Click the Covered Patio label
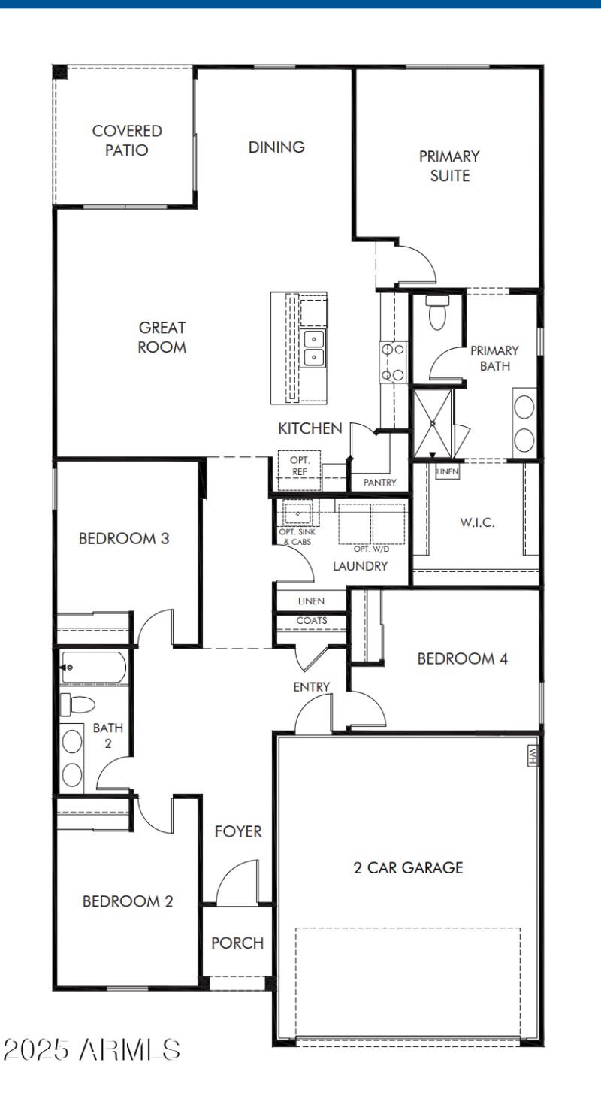(x=127, y=141)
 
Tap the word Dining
(x=276, y=147)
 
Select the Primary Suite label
(x=449, y=166)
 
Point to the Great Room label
(x=162, y=338)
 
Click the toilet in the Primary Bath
(x=436, y=313)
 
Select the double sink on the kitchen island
(x=313, y=348)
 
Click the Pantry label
(x=379, y=483)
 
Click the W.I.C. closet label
(x=477, y=523)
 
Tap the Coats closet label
(x=311, y=621)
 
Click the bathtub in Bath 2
(x=95, y=668)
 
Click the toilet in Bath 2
(x=78, y=705)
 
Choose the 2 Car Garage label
(x=408, y=868)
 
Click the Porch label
(x=237, y=943)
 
